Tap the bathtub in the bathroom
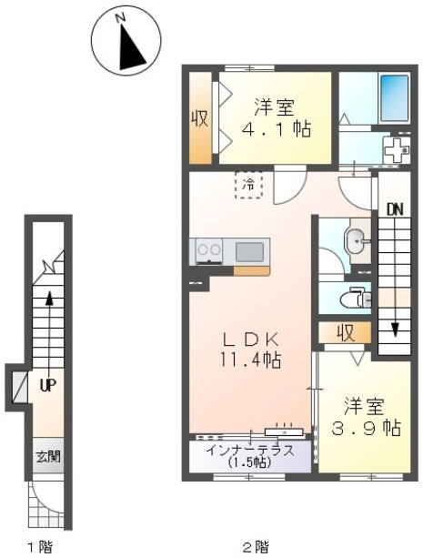[x=394, y=98]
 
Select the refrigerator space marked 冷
[x=248, y=185]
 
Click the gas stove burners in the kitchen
[x=209, y=251]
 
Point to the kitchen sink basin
[x=249, y=251]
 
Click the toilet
[x=356, y=297]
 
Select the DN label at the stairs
[x=395, y=210]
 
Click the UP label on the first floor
[x=48, y=385]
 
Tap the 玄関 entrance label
[x=48, y=457]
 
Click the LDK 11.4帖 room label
[x=250, y=350]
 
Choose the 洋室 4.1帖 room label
[x=276, y=118]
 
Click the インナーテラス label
[x=250, y=451]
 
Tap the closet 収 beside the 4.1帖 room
[x=200, y=118]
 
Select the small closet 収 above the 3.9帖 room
[x=345, y=333]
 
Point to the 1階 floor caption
[x=39, y=546]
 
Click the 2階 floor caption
[x=256, y=546]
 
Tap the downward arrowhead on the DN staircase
[x=394, y=330]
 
